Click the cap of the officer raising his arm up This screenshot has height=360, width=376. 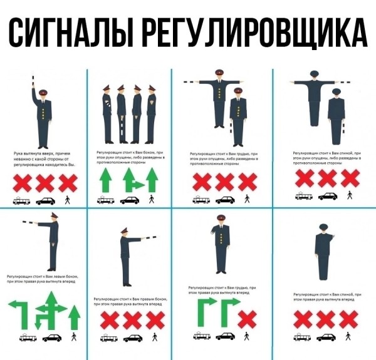pyautogui.click(x=43, y=93)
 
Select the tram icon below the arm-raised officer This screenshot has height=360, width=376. pyautogui.click(x=21, y=201)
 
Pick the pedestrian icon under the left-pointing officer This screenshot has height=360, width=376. pyautogui.click(x=74, y=337)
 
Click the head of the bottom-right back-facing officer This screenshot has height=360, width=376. pyautogui.click(x=323, y=229)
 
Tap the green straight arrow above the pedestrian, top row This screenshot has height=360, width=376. pyautogui.click(x=150, y=182)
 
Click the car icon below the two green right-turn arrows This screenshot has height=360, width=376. pyautogui.click(x=224, y=337)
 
